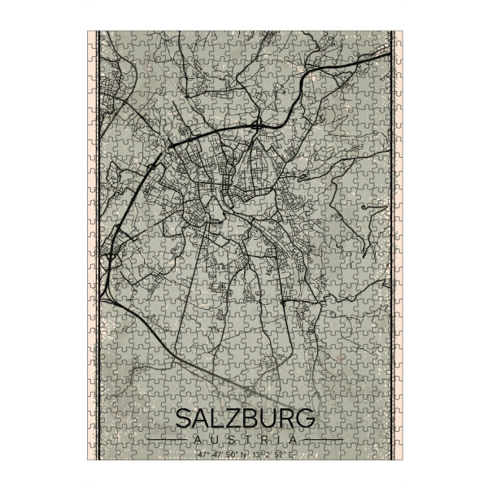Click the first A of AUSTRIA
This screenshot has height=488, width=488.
[198, 439]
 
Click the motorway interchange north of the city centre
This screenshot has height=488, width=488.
[257, 125]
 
